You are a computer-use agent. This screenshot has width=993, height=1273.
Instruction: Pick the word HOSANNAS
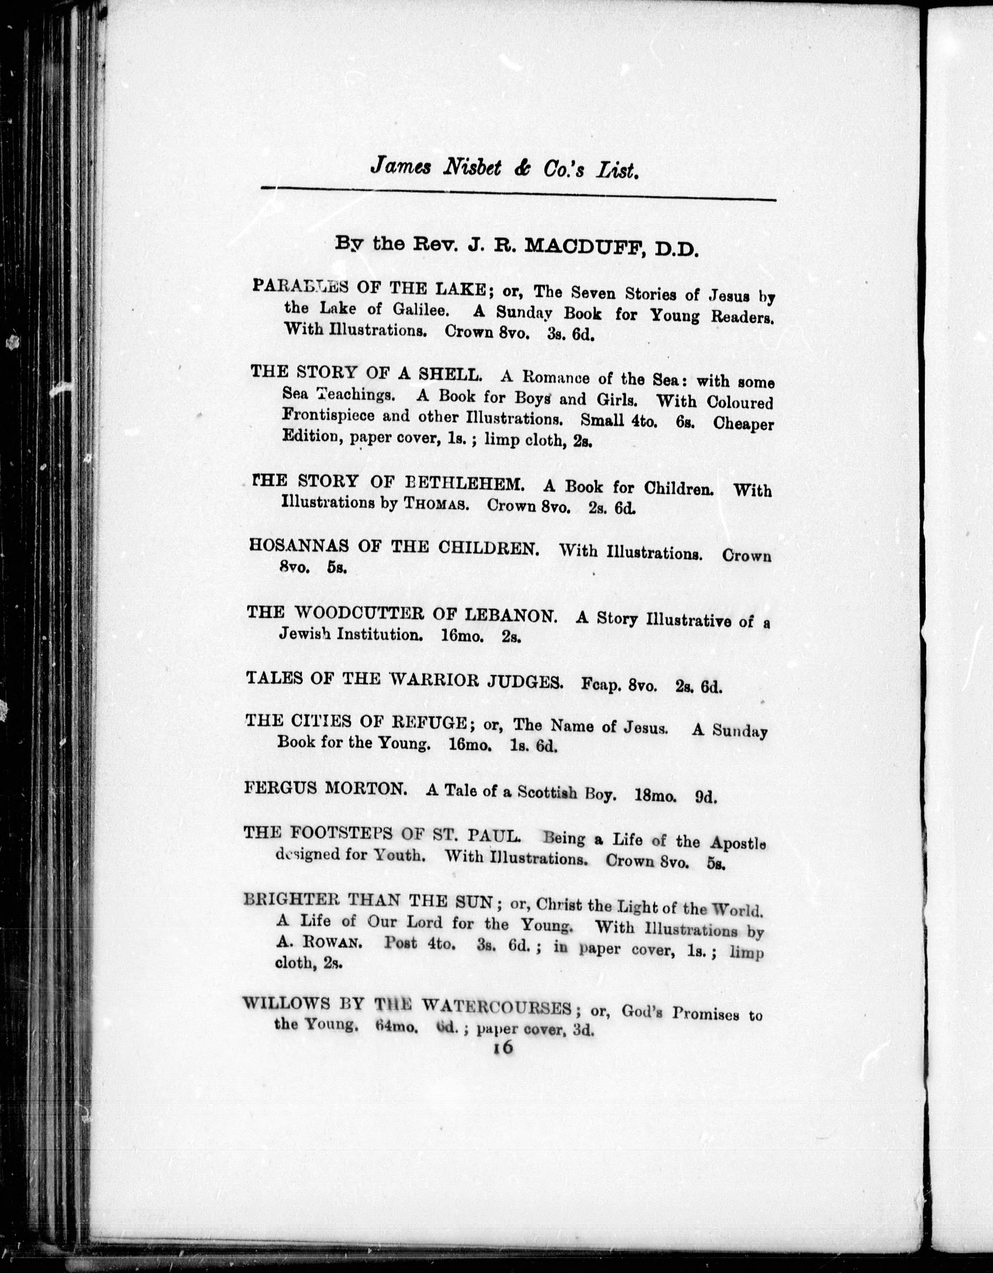pyautogui.click(x=298, y=546)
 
